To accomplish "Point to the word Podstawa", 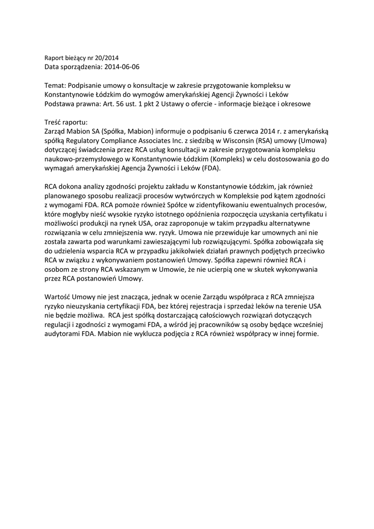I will point(58,103).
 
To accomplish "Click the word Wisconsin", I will point(230,141).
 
